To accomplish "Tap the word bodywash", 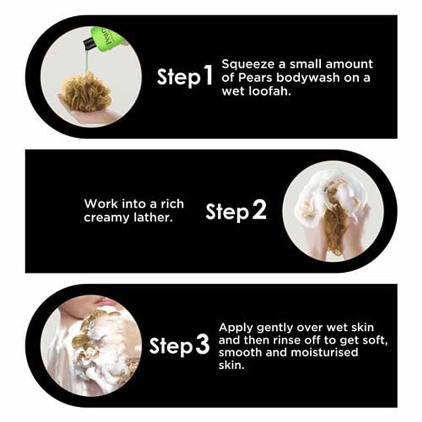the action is [x=308, y=78].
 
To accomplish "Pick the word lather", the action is [x=153, y=217].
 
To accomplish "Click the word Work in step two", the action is [x=101, y=204].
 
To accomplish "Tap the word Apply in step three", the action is [x=236, y=328].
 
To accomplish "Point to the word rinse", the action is [x=286, y=340].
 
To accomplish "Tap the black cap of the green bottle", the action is [x=89, y=44].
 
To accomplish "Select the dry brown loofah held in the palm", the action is [x=86, y=92].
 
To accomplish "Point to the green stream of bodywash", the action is [x=87, y=61].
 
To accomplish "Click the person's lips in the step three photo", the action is [x=101, y=300].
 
